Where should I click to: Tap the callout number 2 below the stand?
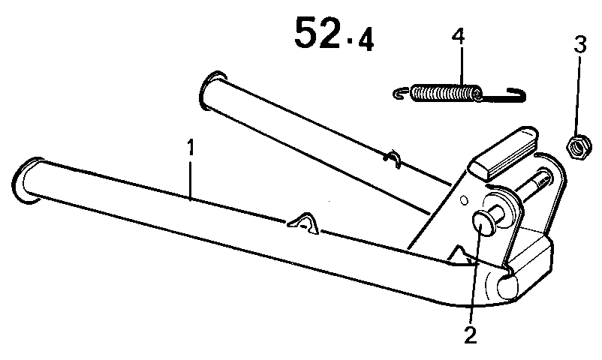470,335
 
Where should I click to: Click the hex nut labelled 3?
574,147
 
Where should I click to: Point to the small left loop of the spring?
401,93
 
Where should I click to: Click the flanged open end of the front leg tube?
27,181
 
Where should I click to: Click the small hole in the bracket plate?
465,199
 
